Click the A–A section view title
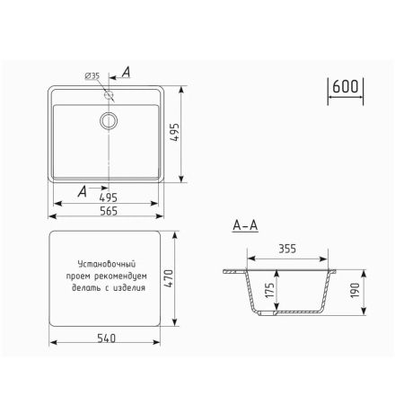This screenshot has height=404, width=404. click(244, 226)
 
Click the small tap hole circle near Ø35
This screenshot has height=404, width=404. click(109, 93)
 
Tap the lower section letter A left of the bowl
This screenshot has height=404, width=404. click(83, 190)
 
